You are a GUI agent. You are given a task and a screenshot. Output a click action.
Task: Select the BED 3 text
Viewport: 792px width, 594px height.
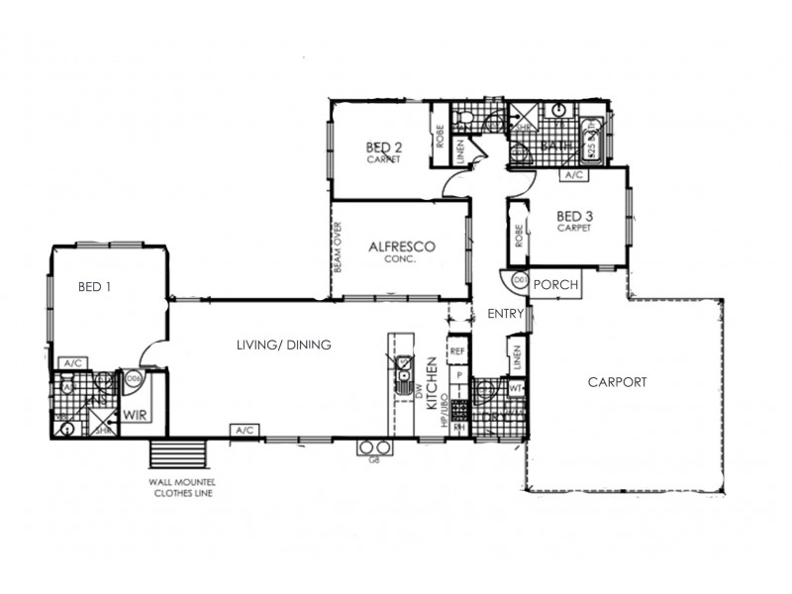(573, 217)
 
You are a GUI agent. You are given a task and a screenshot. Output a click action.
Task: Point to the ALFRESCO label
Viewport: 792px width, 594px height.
(403, 247)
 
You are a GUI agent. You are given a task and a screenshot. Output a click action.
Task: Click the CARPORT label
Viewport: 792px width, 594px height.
(617, 381)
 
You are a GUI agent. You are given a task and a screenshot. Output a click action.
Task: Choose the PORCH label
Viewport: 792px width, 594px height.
(554, 284)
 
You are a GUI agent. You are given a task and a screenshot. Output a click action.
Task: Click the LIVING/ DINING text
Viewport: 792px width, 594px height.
(283, 345)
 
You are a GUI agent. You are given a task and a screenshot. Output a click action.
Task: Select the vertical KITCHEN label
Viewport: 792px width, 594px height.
(432, 385)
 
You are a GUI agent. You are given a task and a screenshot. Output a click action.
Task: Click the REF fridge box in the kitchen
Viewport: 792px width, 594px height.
(457, 350)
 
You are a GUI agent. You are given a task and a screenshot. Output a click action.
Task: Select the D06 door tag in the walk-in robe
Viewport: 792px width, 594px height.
(134, 377)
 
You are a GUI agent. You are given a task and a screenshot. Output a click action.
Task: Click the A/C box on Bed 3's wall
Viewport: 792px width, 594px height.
(572, 175)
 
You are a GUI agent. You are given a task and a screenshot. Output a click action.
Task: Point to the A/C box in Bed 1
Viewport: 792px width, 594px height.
(72, 362)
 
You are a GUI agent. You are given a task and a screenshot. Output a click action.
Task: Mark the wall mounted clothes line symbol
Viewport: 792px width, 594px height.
(178, 456)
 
